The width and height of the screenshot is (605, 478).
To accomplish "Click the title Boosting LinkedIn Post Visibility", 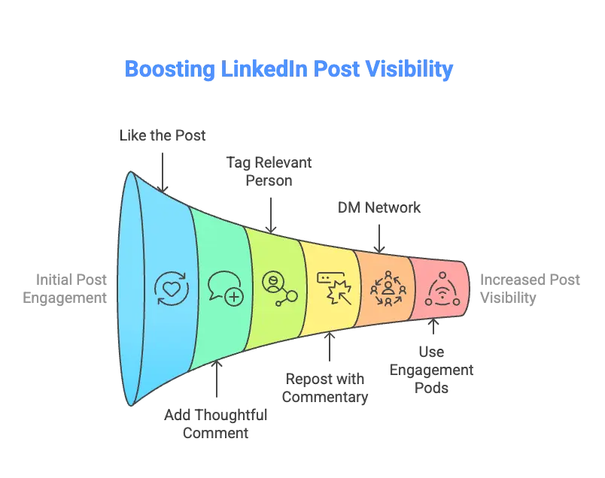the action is point(289,69).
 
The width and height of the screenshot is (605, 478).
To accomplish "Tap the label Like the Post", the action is point(163,135).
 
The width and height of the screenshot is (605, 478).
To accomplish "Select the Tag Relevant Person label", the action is point(269,171).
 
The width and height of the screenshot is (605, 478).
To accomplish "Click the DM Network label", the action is point(379,207).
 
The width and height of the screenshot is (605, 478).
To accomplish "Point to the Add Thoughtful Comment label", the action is point(216,424).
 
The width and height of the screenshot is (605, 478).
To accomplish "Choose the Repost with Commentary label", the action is point(325,388).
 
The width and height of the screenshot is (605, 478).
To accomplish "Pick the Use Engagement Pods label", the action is point(431,370).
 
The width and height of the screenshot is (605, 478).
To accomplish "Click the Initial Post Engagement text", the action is point(65,289).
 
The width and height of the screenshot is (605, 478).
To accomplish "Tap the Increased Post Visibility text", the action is point(530,289).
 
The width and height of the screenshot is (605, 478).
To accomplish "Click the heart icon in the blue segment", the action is point(172,289).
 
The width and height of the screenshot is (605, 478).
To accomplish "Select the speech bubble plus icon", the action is point(226,288).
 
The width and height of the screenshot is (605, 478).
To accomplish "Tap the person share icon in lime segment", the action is point(280,289).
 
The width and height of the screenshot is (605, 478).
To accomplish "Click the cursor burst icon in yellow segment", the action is point(334,289).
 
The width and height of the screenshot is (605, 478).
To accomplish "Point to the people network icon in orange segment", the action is point(388,289).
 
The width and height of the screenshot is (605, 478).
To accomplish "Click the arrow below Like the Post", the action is point(163,172).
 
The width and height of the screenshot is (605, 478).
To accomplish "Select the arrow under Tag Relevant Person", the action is point(271,215).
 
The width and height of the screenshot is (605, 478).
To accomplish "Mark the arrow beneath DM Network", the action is point(379,238).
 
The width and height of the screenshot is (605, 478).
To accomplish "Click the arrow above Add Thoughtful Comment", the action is point(217,379).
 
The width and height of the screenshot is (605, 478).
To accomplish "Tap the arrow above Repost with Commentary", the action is point(330,347).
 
